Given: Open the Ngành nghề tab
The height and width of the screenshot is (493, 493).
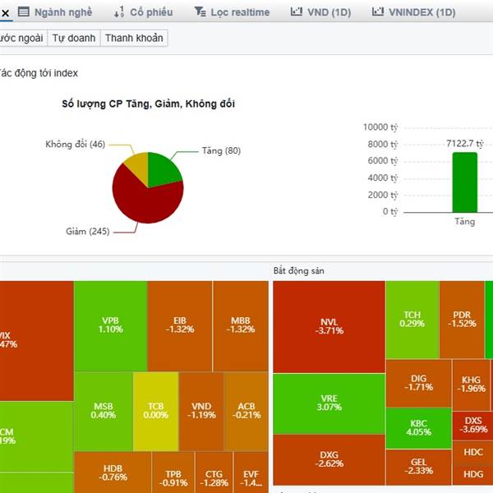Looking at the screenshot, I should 55,12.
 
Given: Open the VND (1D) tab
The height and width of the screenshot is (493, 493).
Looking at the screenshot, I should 322,12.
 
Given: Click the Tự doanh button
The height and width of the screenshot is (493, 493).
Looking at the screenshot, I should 74,38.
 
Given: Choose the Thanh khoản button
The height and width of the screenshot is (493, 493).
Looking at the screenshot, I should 134,38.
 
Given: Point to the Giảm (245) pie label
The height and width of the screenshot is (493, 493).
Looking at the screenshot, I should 87,231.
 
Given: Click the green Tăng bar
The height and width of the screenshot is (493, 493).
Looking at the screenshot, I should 463,182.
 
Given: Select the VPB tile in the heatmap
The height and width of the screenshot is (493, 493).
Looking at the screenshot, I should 110,324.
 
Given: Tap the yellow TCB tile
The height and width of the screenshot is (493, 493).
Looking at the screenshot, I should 155,410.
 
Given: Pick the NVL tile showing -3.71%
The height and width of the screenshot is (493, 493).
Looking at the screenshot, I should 329,325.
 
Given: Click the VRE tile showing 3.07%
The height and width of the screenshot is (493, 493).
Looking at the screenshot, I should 329,403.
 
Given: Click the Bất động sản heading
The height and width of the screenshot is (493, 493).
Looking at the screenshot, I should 303,270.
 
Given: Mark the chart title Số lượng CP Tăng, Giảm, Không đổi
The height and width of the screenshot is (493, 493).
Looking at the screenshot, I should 149,104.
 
